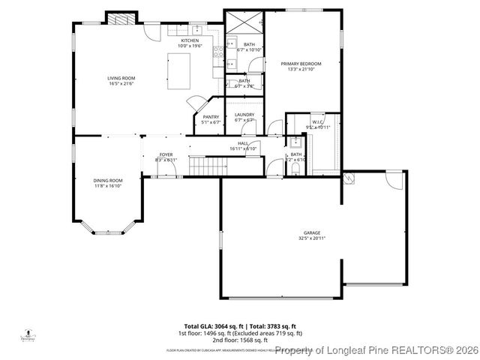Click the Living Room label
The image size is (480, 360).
pos(121,78)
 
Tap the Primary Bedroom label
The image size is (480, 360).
pos(301,64)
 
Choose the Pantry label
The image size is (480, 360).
pos(210,116)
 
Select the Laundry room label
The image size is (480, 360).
pos(244,115)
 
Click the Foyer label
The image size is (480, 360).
pos(165,154)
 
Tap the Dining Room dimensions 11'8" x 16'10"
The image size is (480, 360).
pos(108,186)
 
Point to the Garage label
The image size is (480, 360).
pos(312,232)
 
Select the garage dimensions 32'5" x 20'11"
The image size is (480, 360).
pos(312,238)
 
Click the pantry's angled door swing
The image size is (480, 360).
pos(195,103)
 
